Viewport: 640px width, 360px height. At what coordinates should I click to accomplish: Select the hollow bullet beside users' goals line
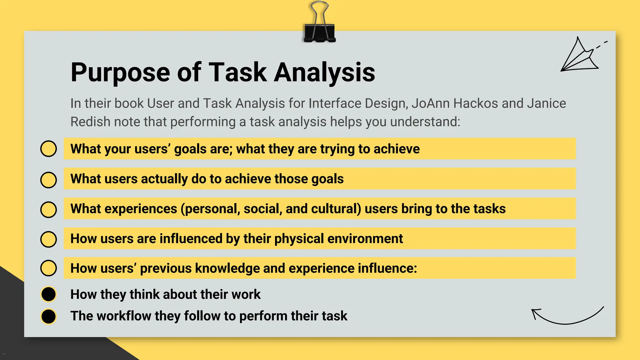pyautogui.click(x=48, y=149)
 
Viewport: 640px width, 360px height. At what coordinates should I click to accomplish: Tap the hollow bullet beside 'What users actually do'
pyautogui.click(x=48, y=180)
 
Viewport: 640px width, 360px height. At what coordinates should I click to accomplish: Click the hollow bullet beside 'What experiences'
pyautogui.click(x=48, y=209)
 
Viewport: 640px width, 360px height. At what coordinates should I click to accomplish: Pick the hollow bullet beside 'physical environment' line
pyautogui.click(x=48, y=239)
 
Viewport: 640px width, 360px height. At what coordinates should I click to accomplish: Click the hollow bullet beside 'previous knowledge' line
pyautogui.click(x=48, y=268)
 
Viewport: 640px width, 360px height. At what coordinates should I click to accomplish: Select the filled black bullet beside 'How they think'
pyautogui.click(x=48, y=294)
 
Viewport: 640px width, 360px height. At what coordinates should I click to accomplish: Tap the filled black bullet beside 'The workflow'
pyautogui.click(x=48, y=316)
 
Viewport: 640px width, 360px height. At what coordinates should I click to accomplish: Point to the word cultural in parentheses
pyautogui.click(x=336, y=209)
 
